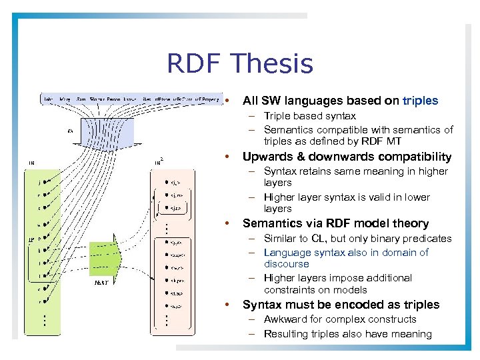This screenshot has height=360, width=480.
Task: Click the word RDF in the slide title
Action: (193, 64)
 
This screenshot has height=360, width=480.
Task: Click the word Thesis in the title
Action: (272, 64)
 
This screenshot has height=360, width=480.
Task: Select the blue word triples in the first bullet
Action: (420, 101)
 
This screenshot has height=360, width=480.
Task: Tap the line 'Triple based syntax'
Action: (309, 116)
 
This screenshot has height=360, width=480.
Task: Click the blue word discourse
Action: (287, 264)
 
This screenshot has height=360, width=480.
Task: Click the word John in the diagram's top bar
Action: (49, 99)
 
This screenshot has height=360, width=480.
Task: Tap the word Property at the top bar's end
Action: (209, 99)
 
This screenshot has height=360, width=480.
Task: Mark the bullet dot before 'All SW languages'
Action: (228, 101)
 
